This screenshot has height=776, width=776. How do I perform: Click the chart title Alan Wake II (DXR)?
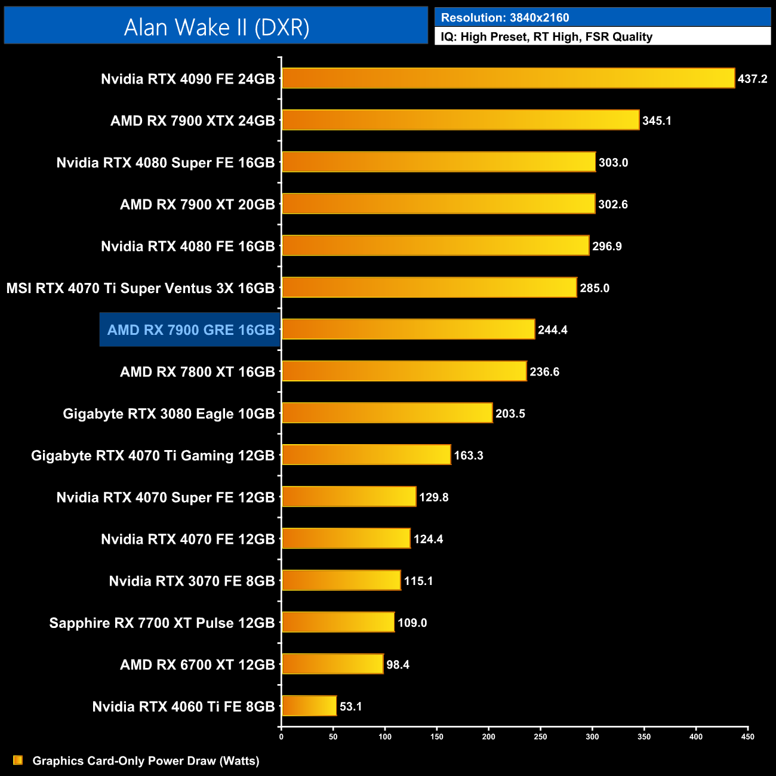216,27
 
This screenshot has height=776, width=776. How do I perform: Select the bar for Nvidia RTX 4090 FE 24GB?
507,78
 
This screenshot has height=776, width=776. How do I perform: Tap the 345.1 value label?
657,121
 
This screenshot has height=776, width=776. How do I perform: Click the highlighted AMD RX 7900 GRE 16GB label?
190,330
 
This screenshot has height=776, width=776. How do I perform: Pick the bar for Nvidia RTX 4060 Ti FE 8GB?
309,706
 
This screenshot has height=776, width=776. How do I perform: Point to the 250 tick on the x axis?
540,737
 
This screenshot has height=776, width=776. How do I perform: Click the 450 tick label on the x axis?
747,737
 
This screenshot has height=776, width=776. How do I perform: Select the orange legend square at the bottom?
18,760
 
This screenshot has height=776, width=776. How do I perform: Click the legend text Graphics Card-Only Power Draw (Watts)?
146,760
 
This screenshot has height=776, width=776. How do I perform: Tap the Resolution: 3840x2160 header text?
504,17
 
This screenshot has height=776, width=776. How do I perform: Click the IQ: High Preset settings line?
546,36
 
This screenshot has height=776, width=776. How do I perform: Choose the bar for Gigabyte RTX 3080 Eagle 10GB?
387,413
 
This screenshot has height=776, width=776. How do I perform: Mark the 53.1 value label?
351,707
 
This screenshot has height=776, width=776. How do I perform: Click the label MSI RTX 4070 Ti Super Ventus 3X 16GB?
140,288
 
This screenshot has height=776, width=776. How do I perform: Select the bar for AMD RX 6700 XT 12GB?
332,664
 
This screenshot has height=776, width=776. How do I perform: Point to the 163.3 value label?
469,455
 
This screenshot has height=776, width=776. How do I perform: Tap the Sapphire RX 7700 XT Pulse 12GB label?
162,623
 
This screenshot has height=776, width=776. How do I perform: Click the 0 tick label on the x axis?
281,737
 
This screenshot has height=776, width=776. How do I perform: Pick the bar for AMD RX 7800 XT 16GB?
404,371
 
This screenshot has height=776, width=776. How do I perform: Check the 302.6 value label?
613,204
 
